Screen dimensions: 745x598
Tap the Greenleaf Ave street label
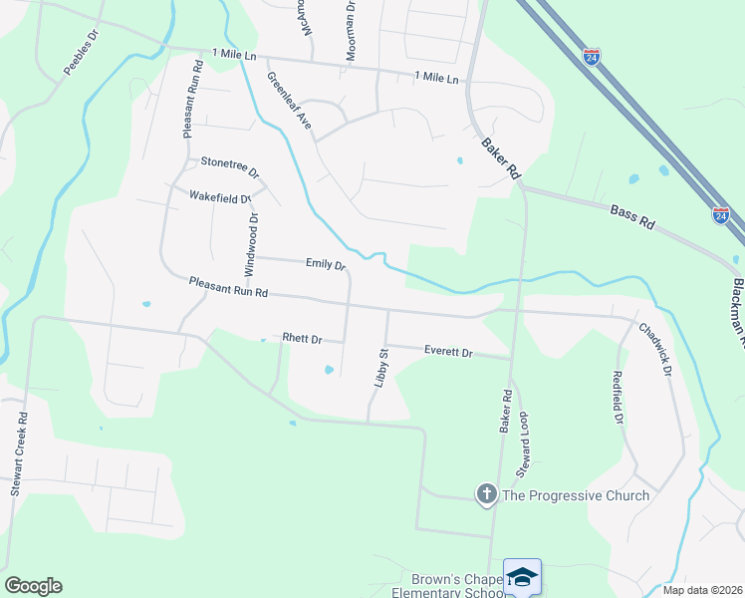click(x=288, y=101)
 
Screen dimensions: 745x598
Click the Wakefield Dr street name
click(x=220, y=197)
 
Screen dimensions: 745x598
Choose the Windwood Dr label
click(x=252, y=245)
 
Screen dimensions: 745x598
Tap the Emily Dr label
click(x=325, y=264)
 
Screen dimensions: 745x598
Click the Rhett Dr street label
click(x=302, y=339)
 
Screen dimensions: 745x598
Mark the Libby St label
click(x=380, y=368)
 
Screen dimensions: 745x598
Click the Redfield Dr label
click(x=618, y=401)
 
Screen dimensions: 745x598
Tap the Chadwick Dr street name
click(x=656, y=348)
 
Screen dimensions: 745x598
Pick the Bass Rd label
click(x=631, y=216)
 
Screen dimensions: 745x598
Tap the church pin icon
click(x=486, y=494)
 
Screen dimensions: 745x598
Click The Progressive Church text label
click(x=576, y=495)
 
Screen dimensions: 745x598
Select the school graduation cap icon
click(x=523, y=577)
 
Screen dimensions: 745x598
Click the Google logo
click(x=33, y=586)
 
